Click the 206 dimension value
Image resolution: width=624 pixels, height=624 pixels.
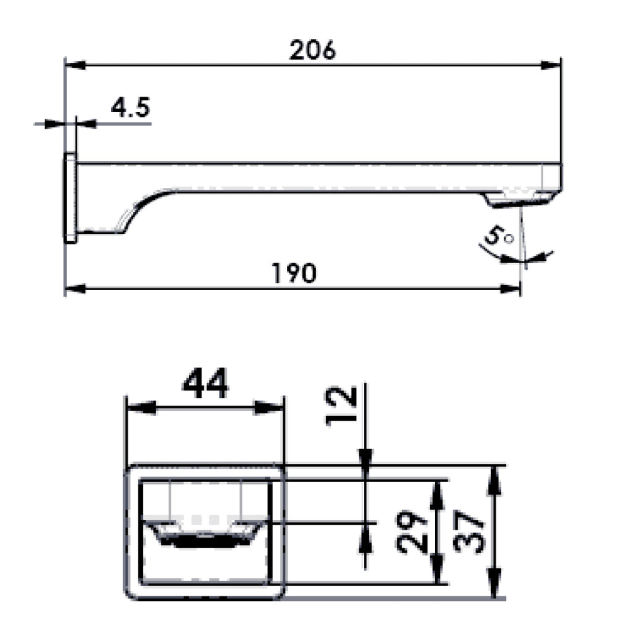coord(313,50)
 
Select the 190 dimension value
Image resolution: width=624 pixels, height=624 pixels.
coord(294,273)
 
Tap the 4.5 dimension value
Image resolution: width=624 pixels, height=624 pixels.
coord(130,107)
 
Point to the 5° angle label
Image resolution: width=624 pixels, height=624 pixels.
coord(498,236)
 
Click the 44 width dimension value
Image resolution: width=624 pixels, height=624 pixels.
coord(205,383)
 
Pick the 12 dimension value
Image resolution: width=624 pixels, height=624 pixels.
coord(341,406)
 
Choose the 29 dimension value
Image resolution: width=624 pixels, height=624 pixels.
coord(411,533)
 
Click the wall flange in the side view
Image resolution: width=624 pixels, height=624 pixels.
coord(71,198)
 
